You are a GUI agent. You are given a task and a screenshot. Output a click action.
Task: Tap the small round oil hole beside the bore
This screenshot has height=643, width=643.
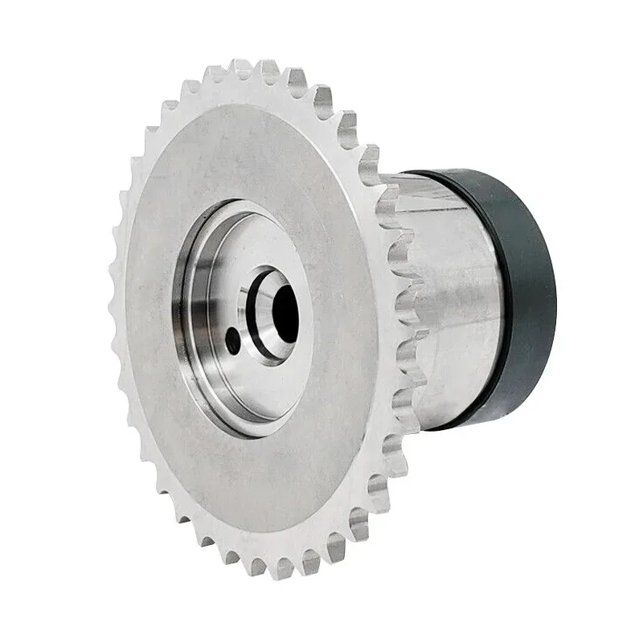coord(233,340)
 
